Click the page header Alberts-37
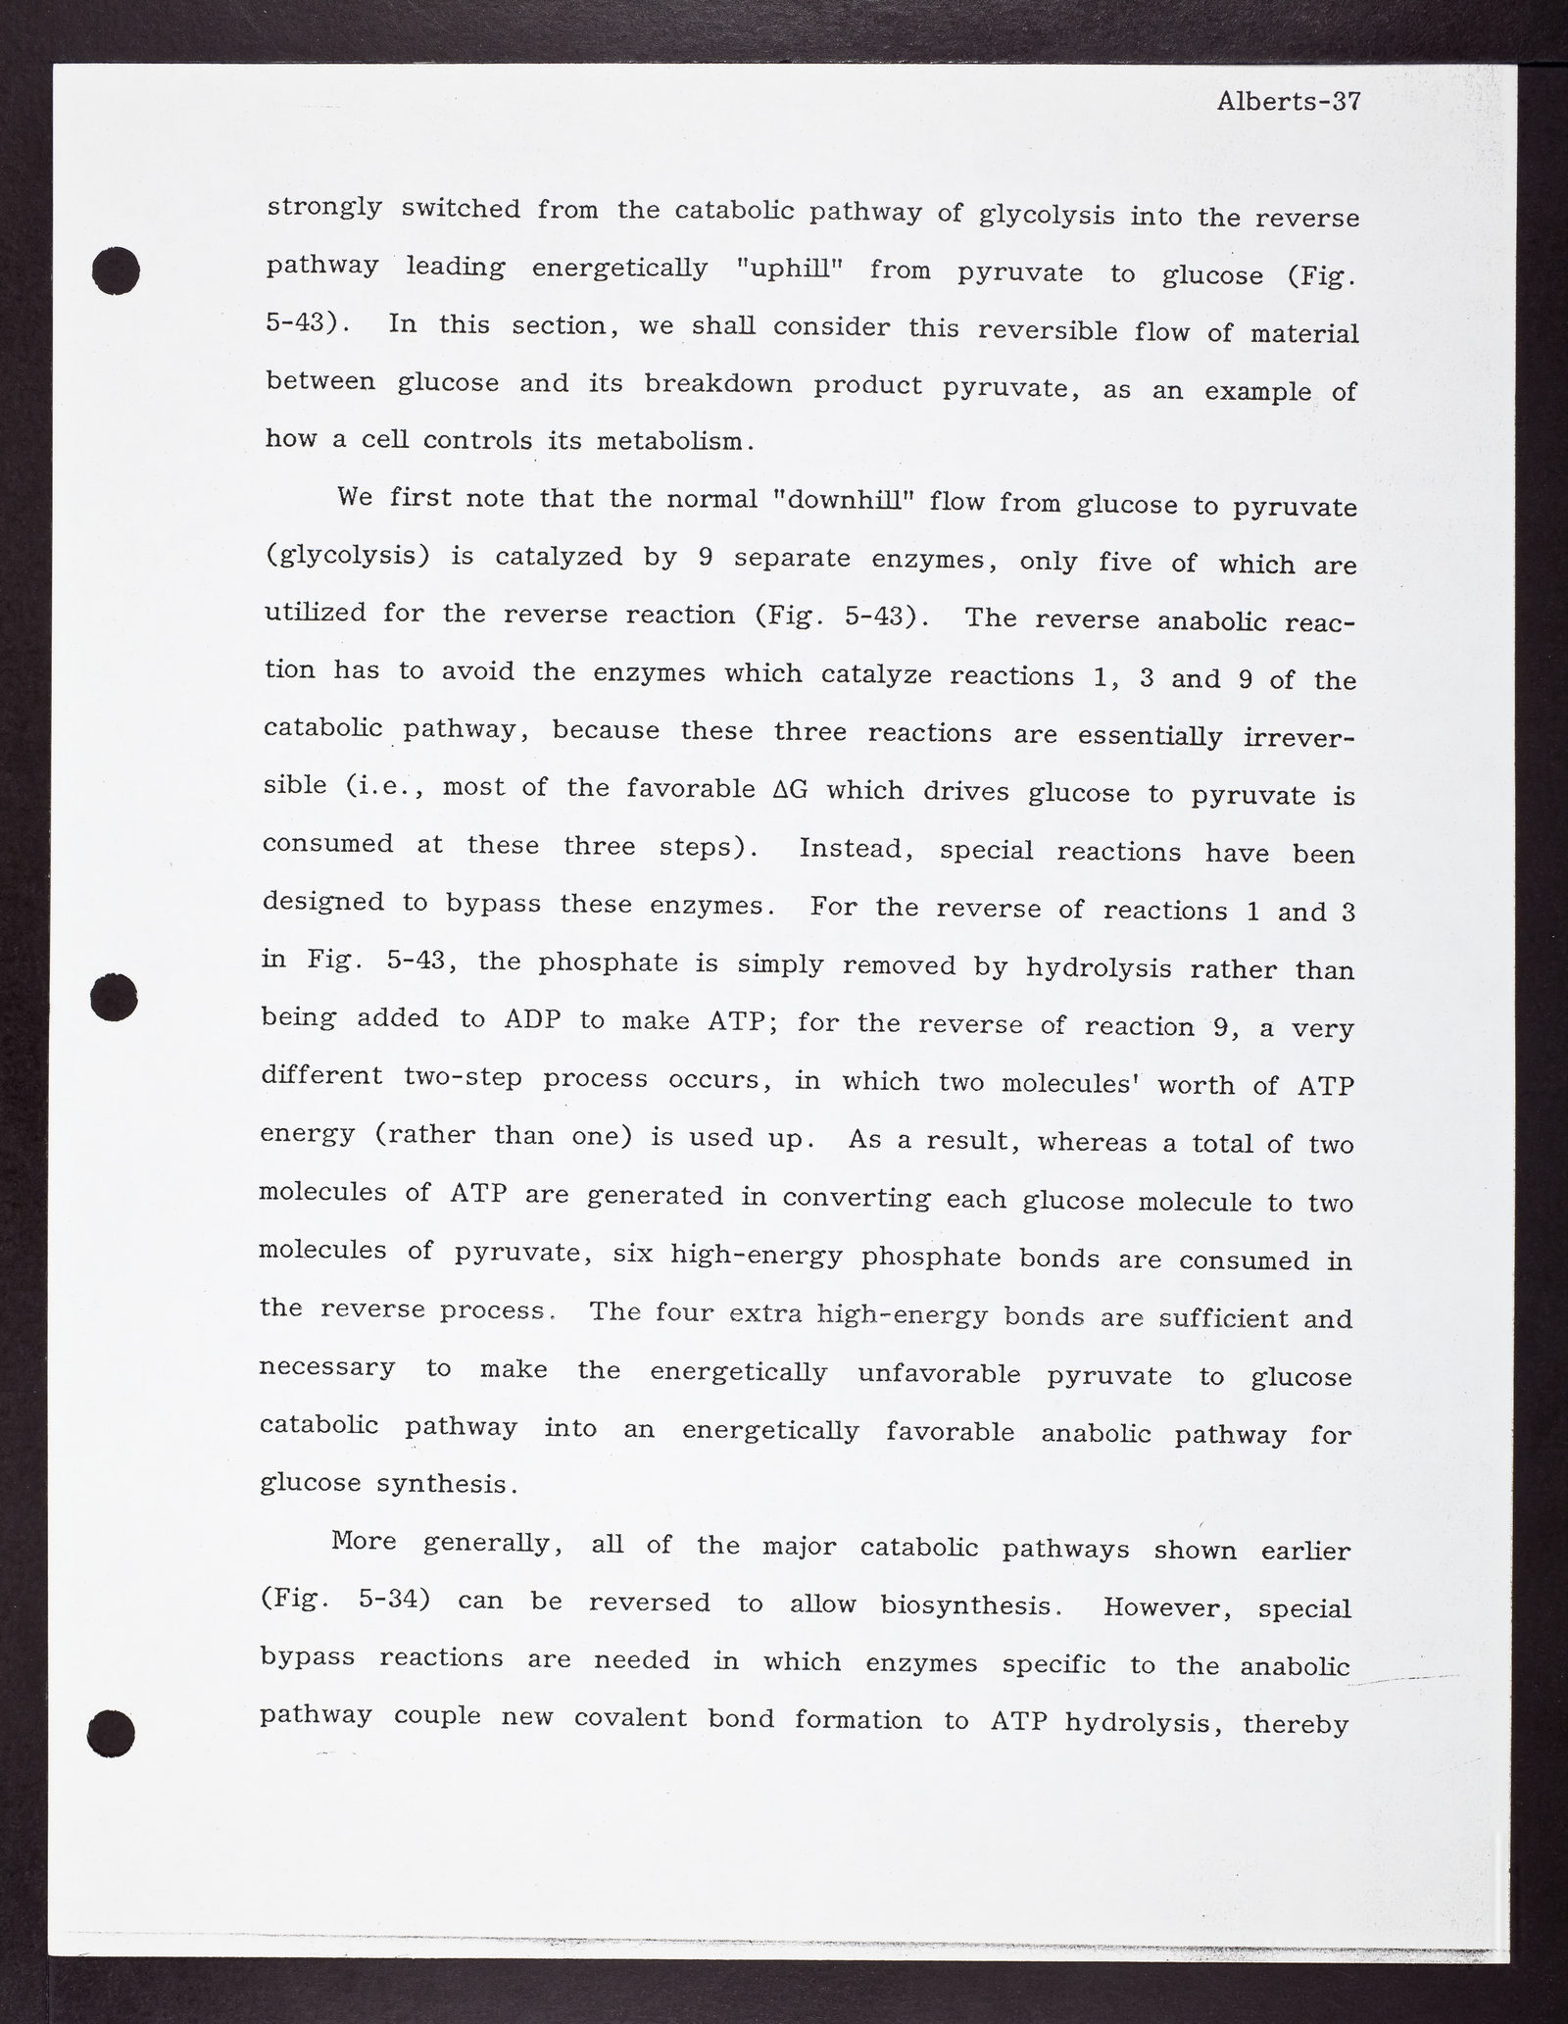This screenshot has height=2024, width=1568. (1288, 102)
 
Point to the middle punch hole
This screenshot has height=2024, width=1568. (114, 999)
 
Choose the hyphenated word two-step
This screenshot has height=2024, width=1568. (462, 1077)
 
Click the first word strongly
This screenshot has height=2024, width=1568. (323, 209)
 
